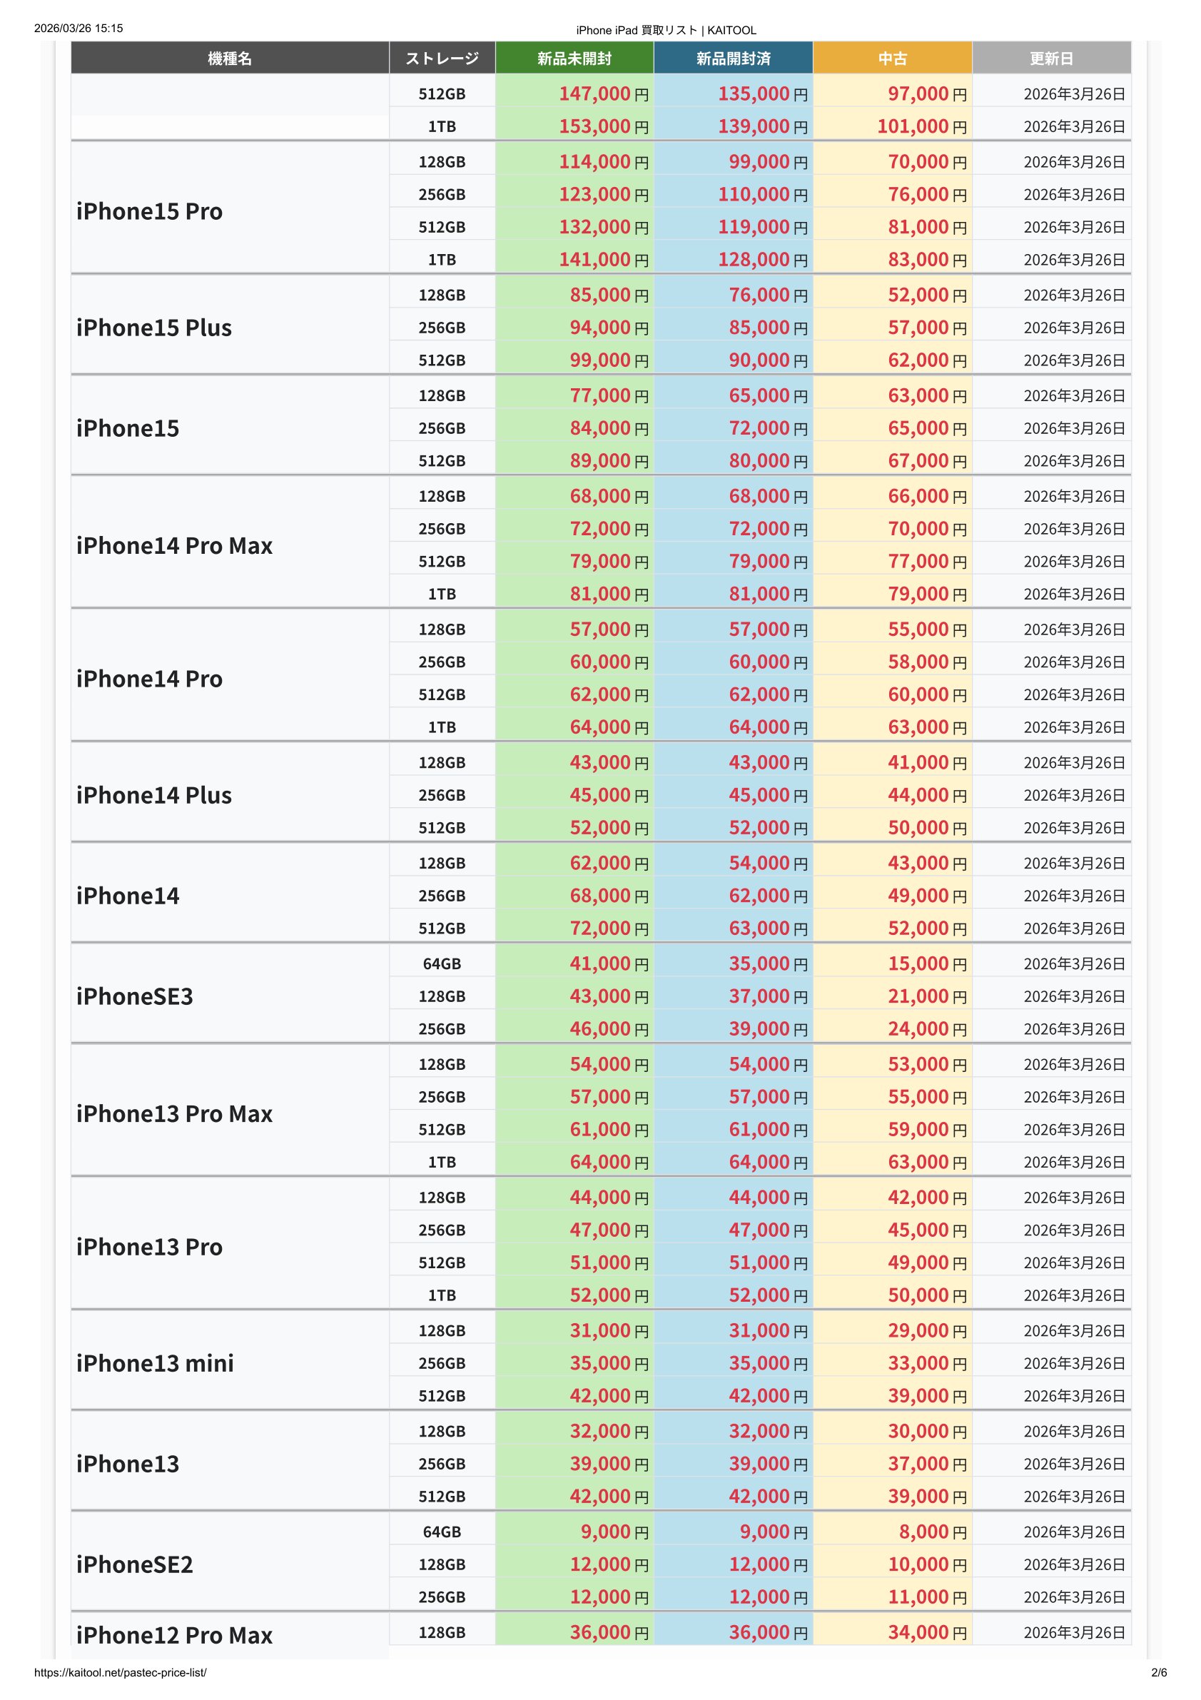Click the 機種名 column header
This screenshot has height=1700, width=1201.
pyautogui.click(x=230, y=59)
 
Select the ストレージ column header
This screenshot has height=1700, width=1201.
pyautogui.click(x=442, y=59)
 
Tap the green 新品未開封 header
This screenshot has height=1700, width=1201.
pyautogui.click(x=574, y=59)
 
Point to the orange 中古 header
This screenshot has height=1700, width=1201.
pyautogui.click(x=892, y=59)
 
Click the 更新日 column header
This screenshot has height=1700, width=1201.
pyautogui.click(x=1050, y=59)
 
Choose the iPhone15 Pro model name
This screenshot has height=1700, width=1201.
pyautogui.click(x=150, y=212)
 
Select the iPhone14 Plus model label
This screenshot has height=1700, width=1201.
pyautogui.click(x=154, y=795)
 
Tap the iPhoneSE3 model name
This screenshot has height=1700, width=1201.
pyautogui.click(x=135, y=996)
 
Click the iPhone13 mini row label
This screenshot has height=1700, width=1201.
pyautogui.click(x=156, y=1363)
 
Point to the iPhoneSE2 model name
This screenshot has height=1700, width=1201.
pyautogui.click(x=135, y=1564)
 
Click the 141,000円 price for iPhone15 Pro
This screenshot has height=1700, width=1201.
pyautogui.click(x=603, y=260)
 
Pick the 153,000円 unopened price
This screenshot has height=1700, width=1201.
pyautogui.click(x=603, y=126)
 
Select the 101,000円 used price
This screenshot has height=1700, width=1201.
pyautogui.click(x=921, y=126)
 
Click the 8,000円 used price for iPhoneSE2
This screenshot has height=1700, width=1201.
pyautogui.click(x=932, y=1532)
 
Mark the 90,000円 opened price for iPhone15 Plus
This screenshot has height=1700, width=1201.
pyautogui.click(x=767, y=360)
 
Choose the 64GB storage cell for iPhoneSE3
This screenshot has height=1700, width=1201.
pyautogui.click(x=442, y=964)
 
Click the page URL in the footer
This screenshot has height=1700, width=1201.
pyautogui.click(x=121, y=1673)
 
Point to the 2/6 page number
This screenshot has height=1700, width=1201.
pyautogui.click(x=1159, y=1673)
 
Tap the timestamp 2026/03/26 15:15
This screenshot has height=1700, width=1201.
pyautogui.click(x=78, y=29)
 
